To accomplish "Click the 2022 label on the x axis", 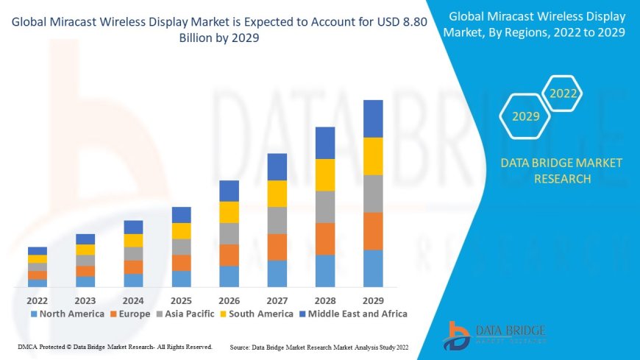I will coord(38,300).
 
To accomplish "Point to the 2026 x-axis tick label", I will coord(229,300).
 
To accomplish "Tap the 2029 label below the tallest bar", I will coord(373,300).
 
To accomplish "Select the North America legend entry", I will coord(67,314).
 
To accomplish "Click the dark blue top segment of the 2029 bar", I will coord(373,119).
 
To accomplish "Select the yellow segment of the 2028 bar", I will coord(325,174).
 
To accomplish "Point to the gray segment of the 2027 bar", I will coord(277,220).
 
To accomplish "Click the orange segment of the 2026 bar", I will coord(229,255).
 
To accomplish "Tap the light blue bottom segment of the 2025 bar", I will coord(181,278).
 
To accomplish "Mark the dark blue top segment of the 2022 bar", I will coord(38,251).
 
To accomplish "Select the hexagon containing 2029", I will coord(525,116).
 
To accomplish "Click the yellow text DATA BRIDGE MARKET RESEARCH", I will coord(561,171).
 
